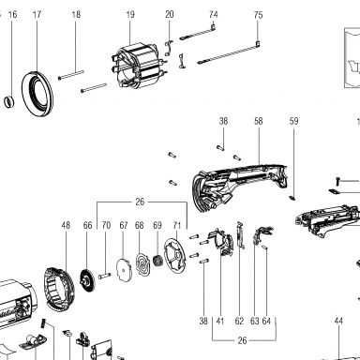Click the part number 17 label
pyautogui.click(x=37, y=14)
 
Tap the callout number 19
pyautogui.click(x=130, y=14)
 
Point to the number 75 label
pyautogui.click(x=258, y=15)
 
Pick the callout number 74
pyautogui.click(x=214, y=14)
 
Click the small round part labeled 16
pyautogui.click(x=9, y=102)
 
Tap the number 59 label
pyautogui.click(x=293, y=121)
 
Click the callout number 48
pyautogui.click(x=66, y=225)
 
